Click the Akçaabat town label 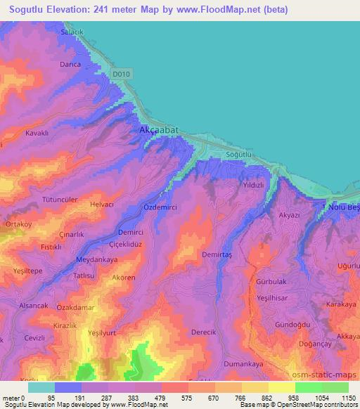coord(155,131)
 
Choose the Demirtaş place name coord(217,254)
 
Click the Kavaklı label coord(37,133)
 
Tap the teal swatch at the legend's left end coord(41,387)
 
